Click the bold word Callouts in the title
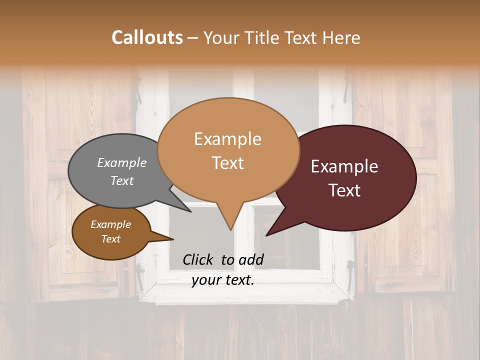pyautogui.click(x=147, y=37)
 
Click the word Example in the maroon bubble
pyautogui.click(x=344, y=166)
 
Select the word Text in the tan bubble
pyautogui.click(x=227, y=163)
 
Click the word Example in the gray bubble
pyautogui.click(x=121, y=163)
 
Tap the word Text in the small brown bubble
pyautogui.click(x=110, y=239)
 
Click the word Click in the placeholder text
pyautogui.click(x=198, y=259)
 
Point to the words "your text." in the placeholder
pyautogui.click(x=223, y=280)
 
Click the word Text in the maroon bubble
pyautogui.click(x=345, y=190)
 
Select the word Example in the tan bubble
pyautogui.click(x=227, y=139)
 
